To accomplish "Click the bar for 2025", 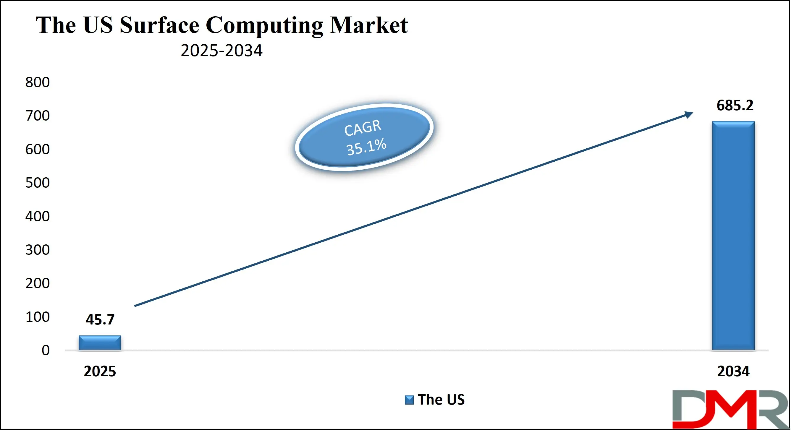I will click(x=100, y=343).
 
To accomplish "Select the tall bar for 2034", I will click(x=733, y=236).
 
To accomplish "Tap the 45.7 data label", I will click(x=100, y=319).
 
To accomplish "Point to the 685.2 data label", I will click(x=735, y=106).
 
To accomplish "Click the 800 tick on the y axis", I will click(x=38, y=82).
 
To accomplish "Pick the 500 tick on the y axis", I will click(x=38, y=183).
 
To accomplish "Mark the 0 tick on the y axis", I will click(x=46, y=350).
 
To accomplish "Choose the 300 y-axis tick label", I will click(x=38, y=250).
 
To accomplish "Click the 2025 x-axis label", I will click(x=100, y=371).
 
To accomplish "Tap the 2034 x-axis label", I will click(x=733, y=371).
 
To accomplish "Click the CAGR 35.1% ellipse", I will click(x=364, y=137).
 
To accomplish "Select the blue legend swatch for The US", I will click(x=409, y=400).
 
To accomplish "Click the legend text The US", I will click(x=441, y=400).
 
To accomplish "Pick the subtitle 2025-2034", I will click(x=221, y=50).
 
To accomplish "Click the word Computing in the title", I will click(x=264, y=26).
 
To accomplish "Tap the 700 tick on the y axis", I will click(x=38, y=116).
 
